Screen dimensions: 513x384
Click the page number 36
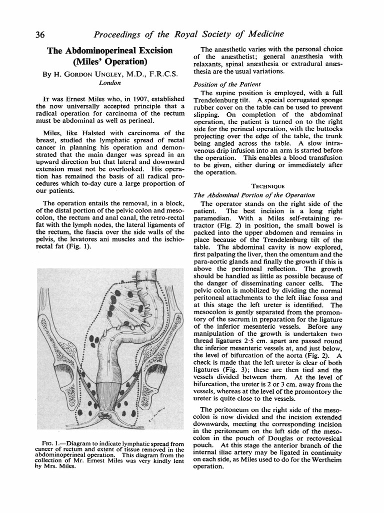40,34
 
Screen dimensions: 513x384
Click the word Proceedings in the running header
120,34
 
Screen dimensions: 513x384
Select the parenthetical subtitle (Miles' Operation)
109,63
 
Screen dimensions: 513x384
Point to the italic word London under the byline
109,83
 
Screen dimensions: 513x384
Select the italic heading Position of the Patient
224,84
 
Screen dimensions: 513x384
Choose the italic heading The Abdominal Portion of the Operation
254,195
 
